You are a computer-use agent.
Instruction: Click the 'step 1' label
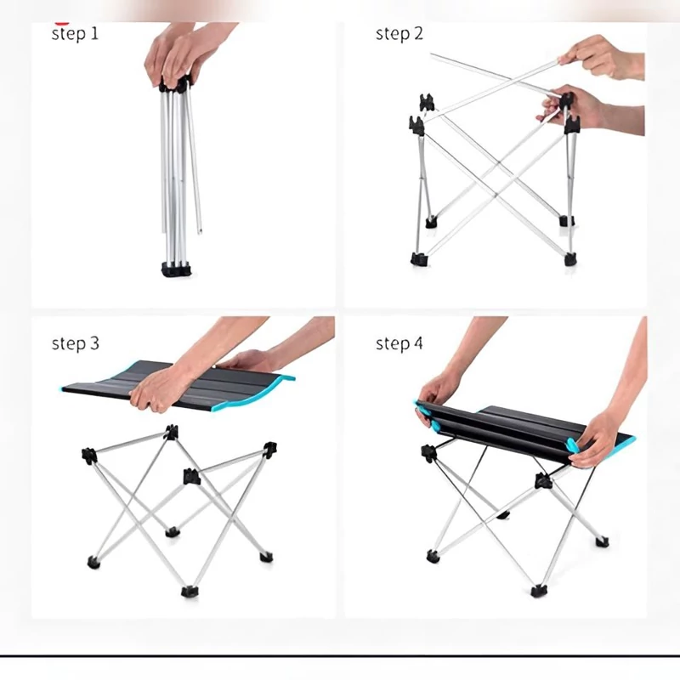point(75,34)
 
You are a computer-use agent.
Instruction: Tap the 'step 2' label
point(399,34)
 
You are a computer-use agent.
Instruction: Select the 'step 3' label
point(76,343)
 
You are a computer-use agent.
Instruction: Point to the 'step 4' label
point(399,343)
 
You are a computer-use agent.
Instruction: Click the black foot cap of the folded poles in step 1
point(177,269)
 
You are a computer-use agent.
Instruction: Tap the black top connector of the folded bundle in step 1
point(175,84)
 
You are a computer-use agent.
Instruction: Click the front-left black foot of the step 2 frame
point(419,259)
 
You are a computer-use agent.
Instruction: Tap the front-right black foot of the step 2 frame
point(570,260)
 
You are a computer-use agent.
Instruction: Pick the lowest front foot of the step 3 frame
point(190,591)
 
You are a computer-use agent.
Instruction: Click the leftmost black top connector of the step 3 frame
point(89,456)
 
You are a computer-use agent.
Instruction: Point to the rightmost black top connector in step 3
point(269,450)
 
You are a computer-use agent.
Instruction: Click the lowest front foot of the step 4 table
point(539,591)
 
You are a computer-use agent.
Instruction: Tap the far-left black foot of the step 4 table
point(433,557)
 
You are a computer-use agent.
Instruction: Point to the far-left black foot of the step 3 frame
point(93,563)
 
